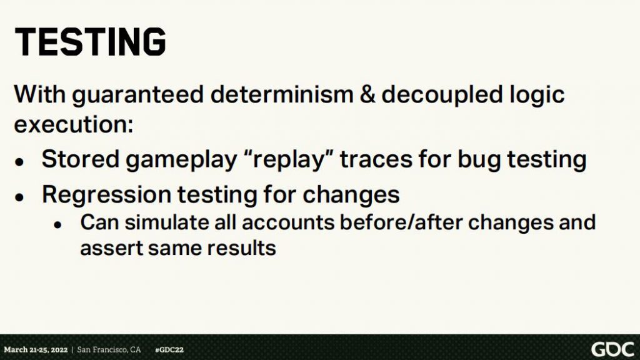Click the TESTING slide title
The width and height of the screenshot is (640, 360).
[x=90, y=42]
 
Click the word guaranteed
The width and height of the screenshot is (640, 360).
[x=138, y=96]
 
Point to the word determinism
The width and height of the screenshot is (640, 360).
[x=282, y=94]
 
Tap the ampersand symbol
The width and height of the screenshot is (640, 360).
[x=367, y=94]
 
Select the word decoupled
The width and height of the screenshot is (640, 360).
[x=442, y=96]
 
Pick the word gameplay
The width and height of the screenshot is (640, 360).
[x=181, y=160]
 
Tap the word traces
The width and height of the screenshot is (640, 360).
[x=376, y=159]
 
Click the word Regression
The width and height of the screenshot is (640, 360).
[x=106, y=195]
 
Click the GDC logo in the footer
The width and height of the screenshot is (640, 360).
[x=612, y=350]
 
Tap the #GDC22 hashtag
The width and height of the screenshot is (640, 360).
[x=169, y=350]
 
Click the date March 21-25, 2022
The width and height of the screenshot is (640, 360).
[x=36, y=350]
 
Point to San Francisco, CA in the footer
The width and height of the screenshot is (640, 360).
[x=109, y=350]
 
